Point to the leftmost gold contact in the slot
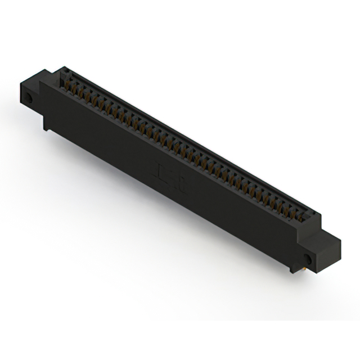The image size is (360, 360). tap(70, 84)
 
